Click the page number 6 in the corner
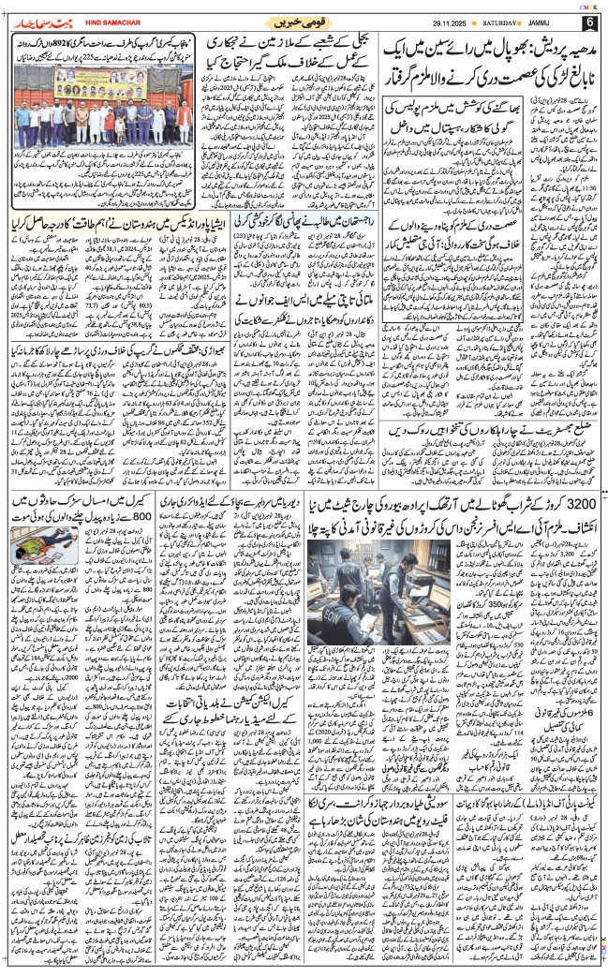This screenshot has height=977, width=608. tap(589, 22)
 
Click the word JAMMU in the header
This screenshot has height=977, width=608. tap(558, 21)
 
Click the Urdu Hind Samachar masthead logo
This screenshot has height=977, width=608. tap(37, 21)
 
